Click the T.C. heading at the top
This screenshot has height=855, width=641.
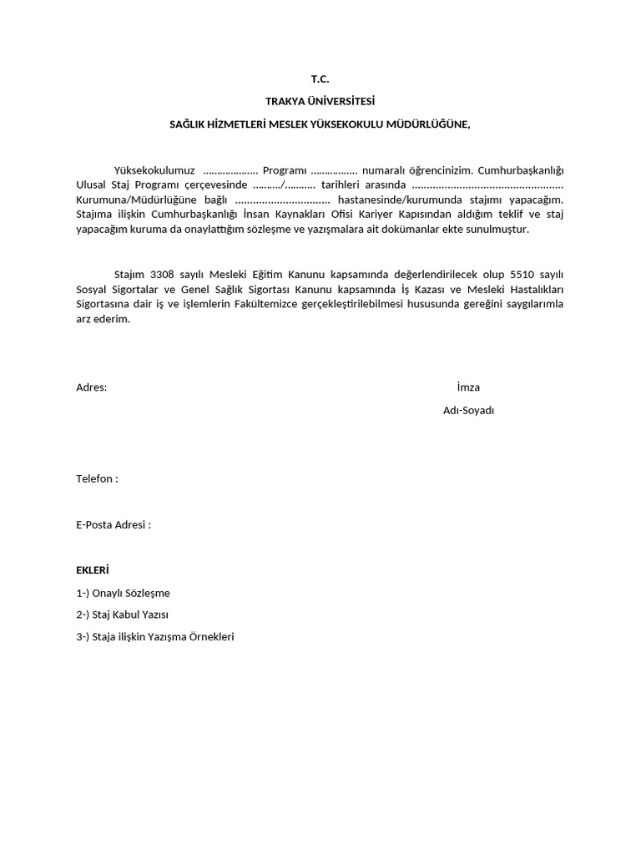click(320, 80)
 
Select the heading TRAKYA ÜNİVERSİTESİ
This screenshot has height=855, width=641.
click(320, 102)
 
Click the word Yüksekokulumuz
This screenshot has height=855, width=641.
click(154, 169)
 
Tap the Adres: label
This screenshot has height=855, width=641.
click(91, 387)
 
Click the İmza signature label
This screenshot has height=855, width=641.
click(468, 387)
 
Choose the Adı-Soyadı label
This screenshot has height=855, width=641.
click(468, 411)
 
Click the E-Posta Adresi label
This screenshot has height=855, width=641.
click(114, 525)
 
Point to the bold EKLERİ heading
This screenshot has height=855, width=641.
click(93, 571)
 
